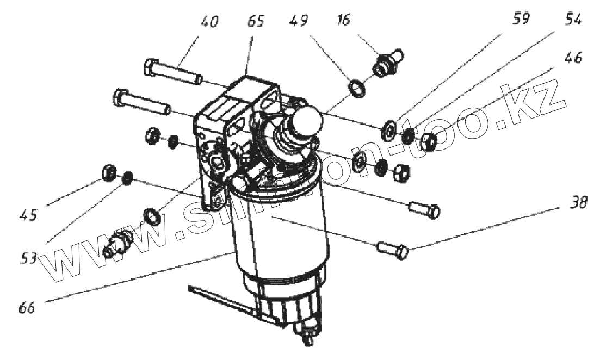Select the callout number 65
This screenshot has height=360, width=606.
point(255,22)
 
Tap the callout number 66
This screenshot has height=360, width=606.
point(27,306)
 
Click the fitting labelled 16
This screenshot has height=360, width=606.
point(385,63)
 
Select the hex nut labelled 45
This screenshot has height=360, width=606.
point(108,173)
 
